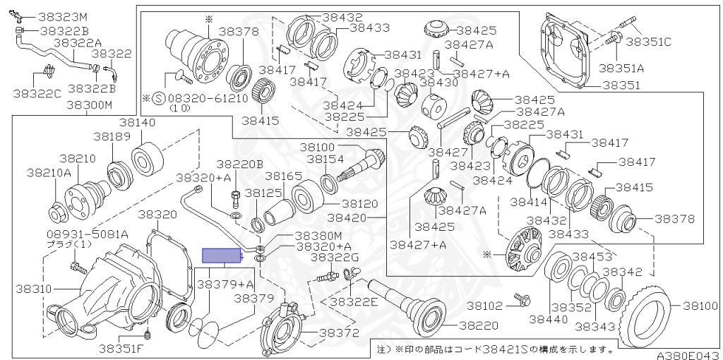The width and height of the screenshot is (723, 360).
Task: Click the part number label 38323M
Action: click(63, 18)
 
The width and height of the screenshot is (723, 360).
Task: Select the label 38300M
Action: click(90, 105)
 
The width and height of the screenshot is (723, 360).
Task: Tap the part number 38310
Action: click(34, 289)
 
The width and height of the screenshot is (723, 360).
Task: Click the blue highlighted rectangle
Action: click(222, 256)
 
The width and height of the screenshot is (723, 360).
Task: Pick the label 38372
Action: click(339, 332)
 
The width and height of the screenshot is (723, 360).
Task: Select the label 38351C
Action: click(649, 42)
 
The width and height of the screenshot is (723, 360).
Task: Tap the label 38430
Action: click(438, 83)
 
